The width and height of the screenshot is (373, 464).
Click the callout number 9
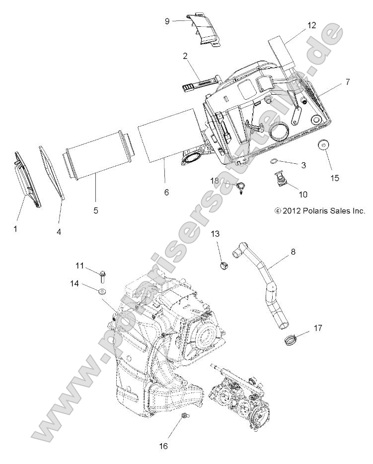[x=167, y=21]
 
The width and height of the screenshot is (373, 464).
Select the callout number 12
[x=311, y=24]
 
